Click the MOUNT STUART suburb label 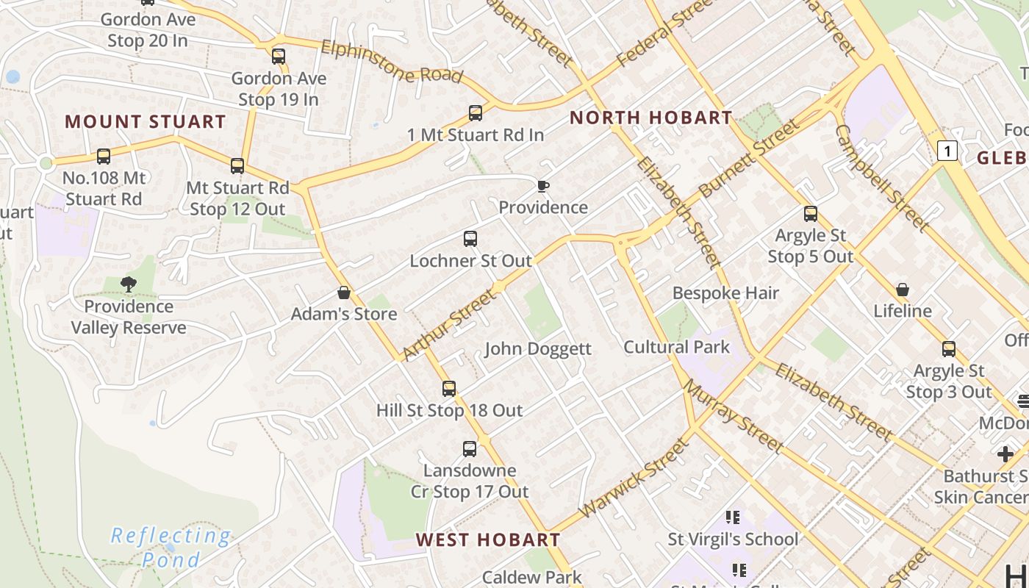pos(146,121)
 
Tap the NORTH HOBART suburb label pos(651,118)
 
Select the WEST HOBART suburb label pos(488,539)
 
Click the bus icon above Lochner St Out pos(470,239)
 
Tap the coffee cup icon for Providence pos(542,186)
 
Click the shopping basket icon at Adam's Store pos(343,293)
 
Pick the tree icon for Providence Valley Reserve pos(129,284)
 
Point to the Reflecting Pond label pos(171,548)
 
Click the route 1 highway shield pos(948,151)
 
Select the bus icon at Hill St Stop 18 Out pos(449,389)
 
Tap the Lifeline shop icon pos(903,290)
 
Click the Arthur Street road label pos(449,325)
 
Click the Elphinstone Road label pos(392,62)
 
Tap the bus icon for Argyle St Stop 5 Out pos(811,214)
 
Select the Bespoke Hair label pos(725,293)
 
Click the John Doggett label pos(538,348)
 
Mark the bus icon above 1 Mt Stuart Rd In pos(476,113)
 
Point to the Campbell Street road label pos(882,176)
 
